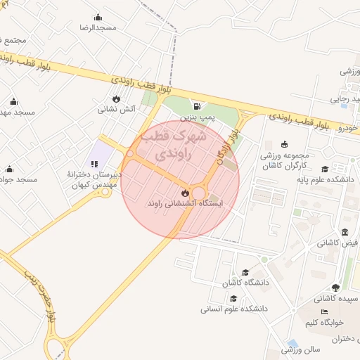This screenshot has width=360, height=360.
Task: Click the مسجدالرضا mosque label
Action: point(98,27)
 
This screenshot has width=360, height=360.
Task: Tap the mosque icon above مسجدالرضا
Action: point(98,18)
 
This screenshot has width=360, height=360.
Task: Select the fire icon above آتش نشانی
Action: point(116,99)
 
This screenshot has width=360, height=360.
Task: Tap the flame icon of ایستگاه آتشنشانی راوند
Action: point(184,191)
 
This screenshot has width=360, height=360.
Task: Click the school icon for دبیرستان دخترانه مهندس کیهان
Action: point(94,165)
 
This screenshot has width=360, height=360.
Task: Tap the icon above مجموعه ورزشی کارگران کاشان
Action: point(284,144)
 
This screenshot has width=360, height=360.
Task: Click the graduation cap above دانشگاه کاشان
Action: point(245,272)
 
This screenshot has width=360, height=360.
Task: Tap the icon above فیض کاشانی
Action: point(344,233)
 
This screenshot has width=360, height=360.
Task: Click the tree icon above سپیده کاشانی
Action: point(335,288)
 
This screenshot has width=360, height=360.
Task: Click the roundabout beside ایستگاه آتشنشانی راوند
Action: point(200,193)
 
